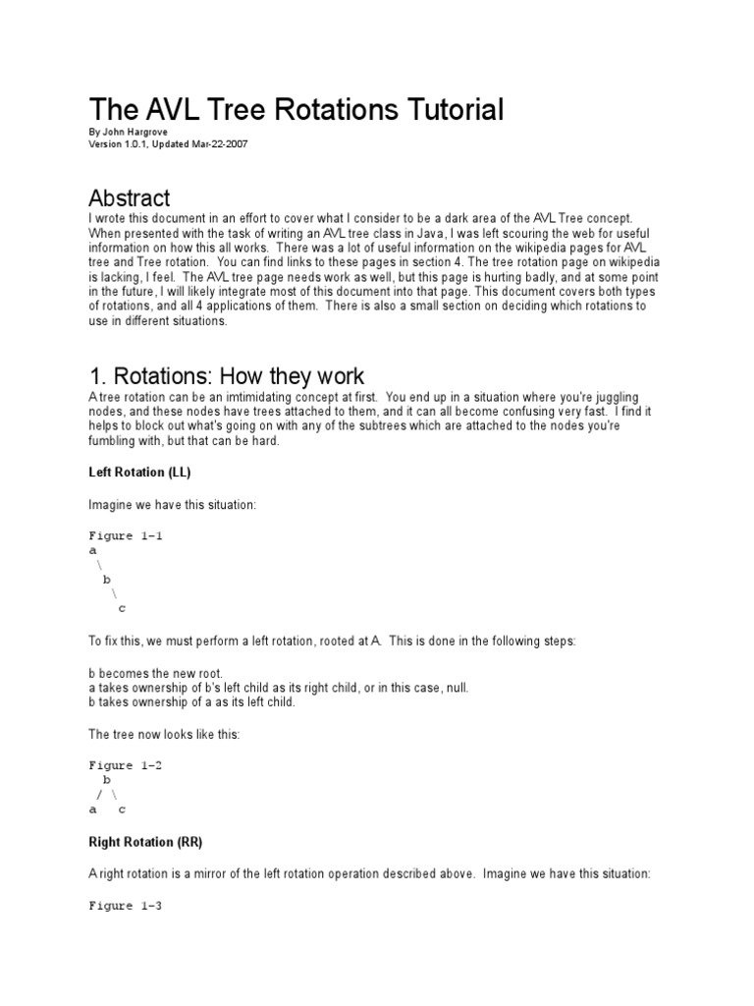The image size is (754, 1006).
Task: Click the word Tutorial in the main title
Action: [438, 110]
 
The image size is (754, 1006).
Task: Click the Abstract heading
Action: [129, 197]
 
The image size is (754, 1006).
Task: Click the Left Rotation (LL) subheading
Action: [139, 472]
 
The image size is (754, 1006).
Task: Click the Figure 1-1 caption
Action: [124, 536]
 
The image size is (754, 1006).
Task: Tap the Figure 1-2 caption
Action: [124, 765]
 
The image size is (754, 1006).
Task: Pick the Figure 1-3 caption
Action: [124, 906]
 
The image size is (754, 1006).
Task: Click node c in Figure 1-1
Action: [122, 608]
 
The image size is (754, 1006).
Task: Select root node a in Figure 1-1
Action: [92, 551]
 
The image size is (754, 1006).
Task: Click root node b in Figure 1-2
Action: [107, 779]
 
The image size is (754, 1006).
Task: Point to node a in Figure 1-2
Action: [92, 810]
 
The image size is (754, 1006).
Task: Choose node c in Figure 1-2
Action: [122, 810]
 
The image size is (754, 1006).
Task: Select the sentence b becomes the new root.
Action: [156, 673]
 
